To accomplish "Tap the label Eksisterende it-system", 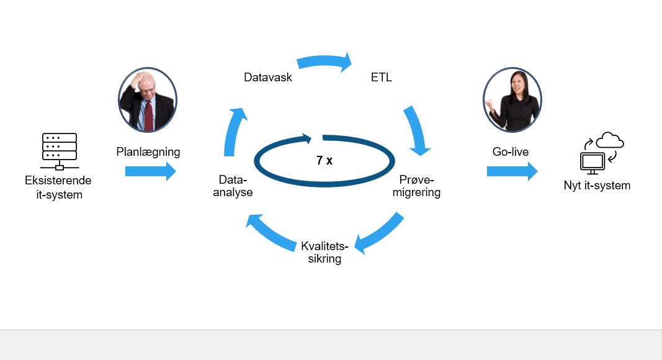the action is click(58, 187).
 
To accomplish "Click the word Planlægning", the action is click(148, 152).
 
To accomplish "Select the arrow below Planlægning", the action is click(150, 171).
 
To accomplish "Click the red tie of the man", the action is click(149, 115).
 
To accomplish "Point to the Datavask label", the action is click(268, 78).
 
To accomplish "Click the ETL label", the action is click(381, 78).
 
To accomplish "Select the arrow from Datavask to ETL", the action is click(324, 61).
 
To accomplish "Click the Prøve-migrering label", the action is click(416, 186).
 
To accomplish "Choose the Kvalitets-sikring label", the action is click(324, 252).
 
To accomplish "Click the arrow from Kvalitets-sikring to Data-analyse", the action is click(271, 232).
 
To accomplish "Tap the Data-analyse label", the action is click(233, 186).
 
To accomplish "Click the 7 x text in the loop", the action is click(324, 160).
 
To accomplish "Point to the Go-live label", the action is click(511, 151).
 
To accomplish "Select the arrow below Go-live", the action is click(512, 171).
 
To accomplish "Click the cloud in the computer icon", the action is click(610, 140).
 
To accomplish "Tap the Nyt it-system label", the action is click(597, 186).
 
